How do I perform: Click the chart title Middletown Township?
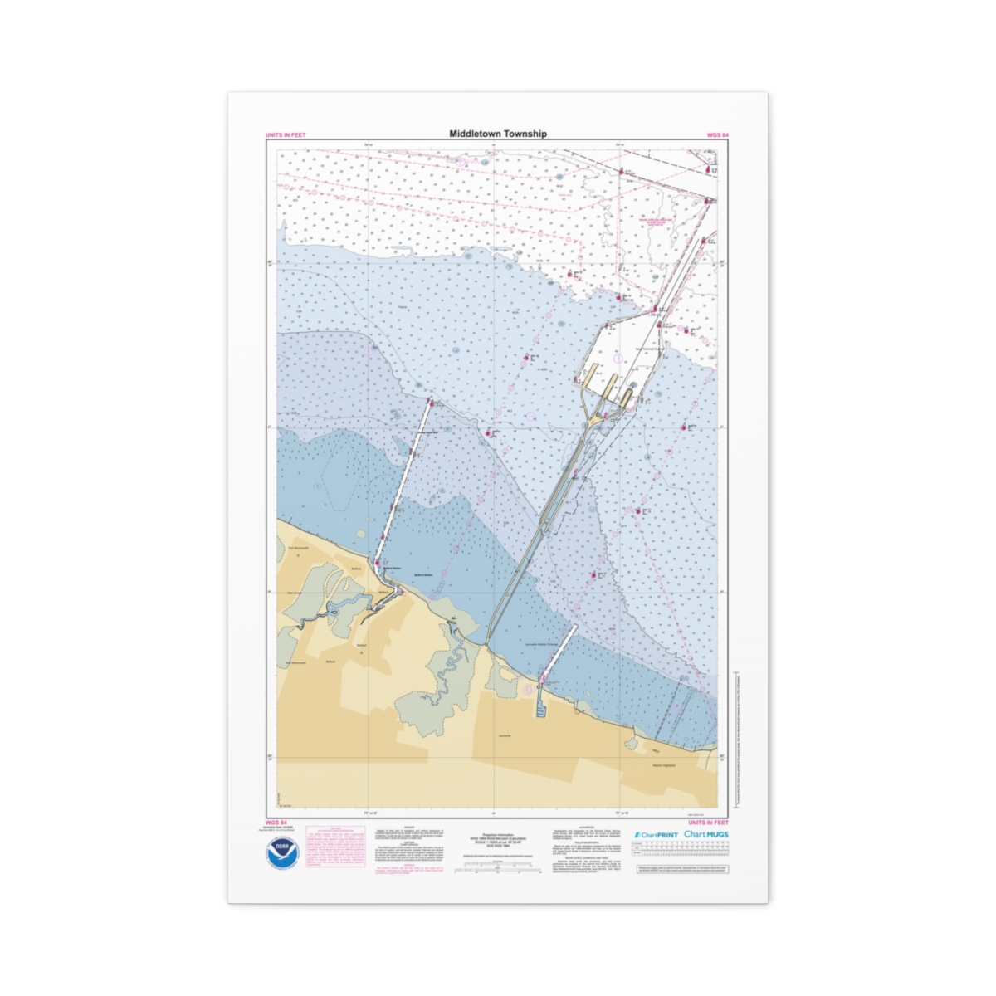(x=498, y=134)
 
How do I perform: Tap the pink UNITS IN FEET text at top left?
(x=285, y=134)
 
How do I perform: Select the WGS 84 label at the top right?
(x=718, y=134)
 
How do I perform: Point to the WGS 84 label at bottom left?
(x=276, y=823)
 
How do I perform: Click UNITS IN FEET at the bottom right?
(x=710, y=823)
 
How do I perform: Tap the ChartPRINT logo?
(x=657, y=835)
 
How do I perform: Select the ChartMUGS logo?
(x=706, y=834)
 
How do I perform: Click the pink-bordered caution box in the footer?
(x=335, y=847)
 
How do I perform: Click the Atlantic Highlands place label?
(x=664, y=764)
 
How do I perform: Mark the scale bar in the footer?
(x=498, y=868)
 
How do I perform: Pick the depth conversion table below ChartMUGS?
(x=681, y=850)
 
